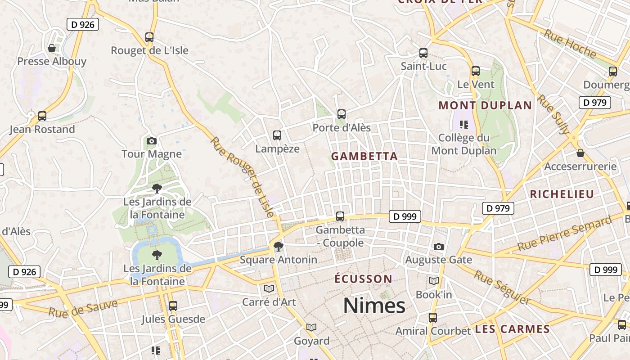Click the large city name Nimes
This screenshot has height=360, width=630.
click(374, 306)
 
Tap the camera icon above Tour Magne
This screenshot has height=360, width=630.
click(151, 141)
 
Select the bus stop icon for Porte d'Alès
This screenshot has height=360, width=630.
click(341, 114)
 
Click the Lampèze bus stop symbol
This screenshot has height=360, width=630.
click(277, 135)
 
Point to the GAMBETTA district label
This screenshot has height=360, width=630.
click(364, 157)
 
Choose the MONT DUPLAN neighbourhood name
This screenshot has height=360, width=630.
click(485, 106)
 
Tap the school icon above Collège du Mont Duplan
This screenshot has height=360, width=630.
click(463, 124)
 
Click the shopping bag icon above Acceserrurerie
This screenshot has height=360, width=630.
click(580, 153)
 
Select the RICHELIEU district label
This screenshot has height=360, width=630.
click(562, 194)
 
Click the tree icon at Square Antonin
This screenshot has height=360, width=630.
click(279, 246)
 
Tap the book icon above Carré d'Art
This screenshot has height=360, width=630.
click(269, 288)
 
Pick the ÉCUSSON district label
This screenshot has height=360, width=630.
click(364, 279)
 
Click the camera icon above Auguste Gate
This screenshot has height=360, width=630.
click(438, 247)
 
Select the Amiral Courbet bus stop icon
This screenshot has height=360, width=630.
click(433, 318)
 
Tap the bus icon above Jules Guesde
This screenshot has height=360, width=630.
click(173, 306)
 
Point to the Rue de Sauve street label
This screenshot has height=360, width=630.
click(83, 308)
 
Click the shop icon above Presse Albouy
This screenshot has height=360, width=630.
click(52, 48)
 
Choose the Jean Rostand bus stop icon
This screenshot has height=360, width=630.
click(42, 116)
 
